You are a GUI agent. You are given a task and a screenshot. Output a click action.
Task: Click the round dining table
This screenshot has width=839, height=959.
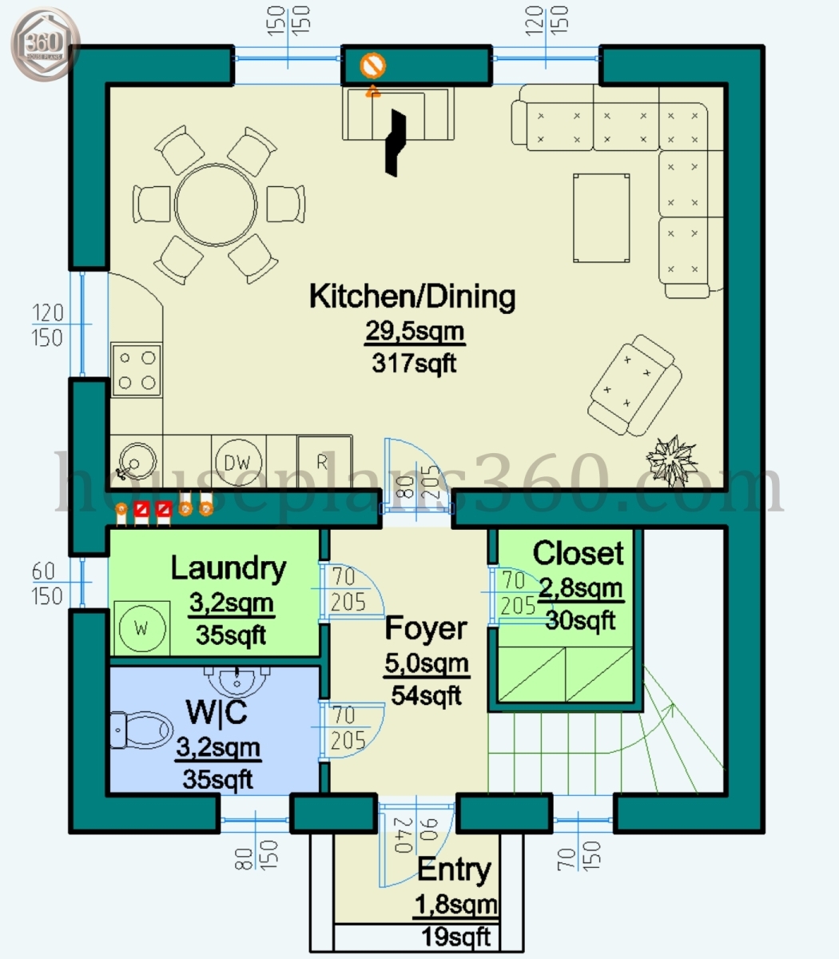tap(217, 205)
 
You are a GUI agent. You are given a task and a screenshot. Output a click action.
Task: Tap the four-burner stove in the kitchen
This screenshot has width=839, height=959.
tap(136, 370)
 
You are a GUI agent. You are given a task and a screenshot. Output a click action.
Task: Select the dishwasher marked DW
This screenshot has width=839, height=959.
tap(237, 461)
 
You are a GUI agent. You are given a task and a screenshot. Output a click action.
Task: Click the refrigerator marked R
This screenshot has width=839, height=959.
tap(324, 461)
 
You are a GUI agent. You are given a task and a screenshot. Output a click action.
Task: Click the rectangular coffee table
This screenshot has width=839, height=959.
tap(601, 217)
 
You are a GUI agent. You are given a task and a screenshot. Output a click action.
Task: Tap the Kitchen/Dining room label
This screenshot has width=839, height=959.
tap(412, 296)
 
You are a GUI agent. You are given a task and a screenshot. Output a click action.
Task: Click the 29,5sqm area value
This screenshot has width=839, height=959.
tap(415, 331)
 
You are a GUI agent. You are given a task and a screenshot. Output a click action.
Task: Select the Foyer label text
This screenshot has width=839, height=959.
tap(425, 628)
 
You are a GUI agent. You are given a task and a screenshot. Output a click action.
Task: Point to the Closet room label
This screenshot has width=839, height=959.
tap(578, 553)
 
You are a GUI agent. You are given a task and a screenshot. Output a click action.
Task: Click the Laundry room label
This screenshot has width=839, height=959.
tap(229, 568)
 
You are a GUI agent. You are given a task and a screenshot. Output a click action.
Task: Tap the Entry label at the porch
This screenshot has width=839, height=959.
tap(454, 869)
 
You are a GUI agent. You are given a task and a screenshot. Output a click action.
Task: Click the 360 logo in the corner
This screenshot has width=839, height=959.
tap(46, 46)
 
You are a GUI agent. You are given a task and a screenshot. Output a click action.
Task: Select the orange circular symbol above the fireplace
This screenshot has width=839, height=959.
tap(372, 65)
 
